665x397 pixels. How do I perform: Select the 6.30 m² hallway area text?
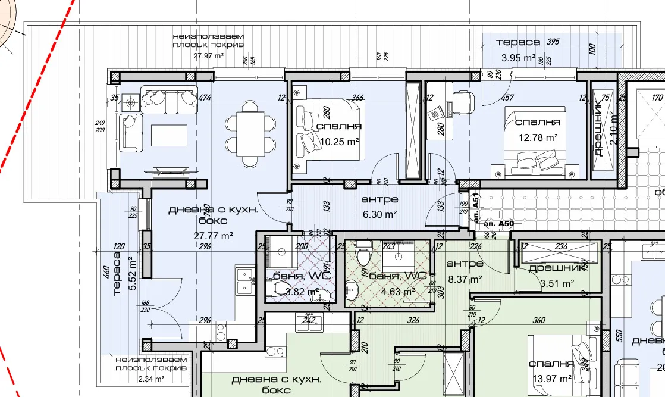(379, 213)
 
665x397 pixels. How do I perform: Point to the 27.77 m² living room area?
(213, 235)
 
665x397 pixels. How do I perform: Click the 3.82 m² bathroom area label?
(302, 292)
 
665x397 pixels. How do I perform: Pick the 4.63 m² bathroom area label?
(398, 292)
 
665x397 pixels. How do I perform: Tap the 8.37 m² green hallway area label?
(465, 278)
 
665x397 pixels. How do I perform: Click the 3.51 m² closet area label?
(557, 284)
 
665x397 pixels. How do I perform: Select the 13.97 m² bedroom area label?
(552, 378)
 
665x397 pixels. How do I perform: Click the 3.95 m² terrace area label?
(518, 58)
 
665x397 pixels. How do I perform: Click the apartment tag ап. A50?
(498, 223)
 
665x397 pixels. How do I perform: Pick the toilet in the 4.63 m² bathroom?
(362, 256)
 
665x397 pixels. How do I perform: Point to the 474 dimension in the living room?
(205, 98)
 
